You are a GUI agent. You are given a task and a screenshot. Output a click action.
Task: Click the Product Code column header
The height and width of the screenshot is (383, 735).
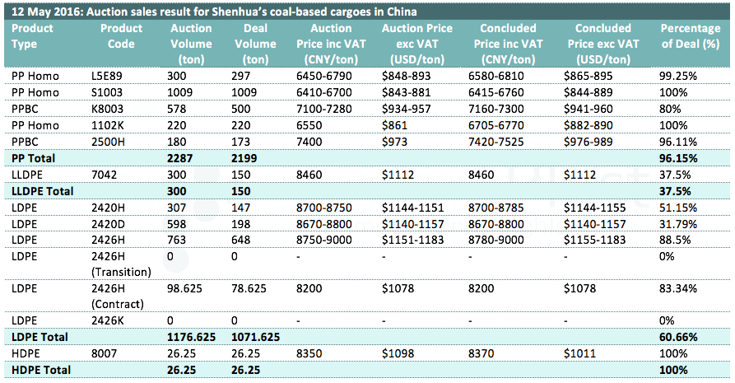tap(121, 36)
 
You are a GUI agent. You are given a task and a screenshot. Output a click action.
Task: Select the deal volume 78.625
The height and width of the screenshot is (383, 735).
tap(254, 288)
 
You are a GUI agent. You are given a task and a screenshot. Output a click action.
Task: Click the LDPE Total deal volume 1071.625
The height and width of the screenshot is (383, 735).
tap(263, 337)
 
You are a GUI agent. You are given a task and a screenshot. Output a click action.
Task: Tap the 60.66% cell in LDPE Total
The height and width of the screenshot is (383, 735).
tap(678, 337)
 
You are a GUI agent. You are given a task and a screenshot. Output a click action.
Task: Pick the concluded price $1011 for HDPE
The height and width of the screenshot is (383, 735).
tap(579, 353)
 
